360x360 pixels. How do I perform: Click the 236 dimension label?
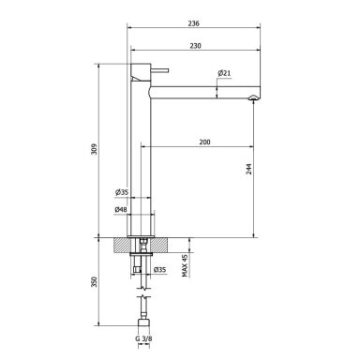(194, 23)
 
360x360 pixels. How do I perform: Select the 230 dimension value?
(195, 46)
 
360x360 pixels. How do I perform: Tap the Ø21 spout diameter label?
(224, 73)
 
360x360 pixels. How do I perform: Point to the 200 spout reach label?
(204, 142)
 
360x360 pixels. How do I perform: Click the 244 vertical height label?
(248, 169)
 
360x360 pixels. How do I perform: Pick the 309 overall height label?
(95, 149)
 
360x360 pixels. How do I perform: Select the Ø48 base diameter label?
(121, 210)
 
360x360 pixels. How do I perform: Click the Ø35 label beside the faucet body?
(122, 192)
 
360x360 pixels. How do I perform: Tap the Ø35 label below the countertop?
(160, 269)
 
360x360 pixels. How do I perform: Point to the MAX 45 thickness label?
(185, 265)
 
